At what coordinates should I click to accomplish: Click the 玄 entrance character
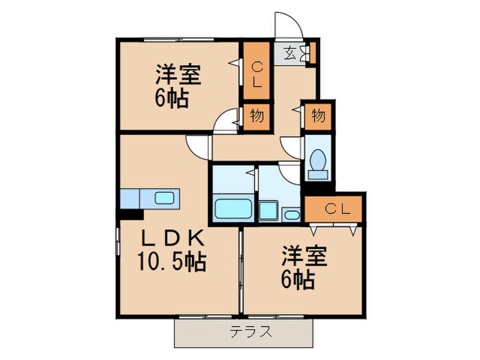click(x=289, y=52)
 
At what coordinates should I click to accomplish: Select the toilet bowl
click(x=317, y=160)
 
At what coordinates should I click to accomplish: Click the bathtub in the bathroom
click(x=233, y=208)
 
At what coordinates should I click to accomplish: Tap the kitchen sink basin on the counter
click(x=165, y=197)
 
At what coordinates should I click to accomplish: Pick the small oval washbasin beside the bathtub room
click(x=291, y=215)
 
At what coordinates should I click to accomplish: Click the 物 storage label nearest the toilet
click(x=317, y=115)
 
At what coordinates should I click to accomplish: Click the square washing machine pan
click(x=269, y=211)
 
